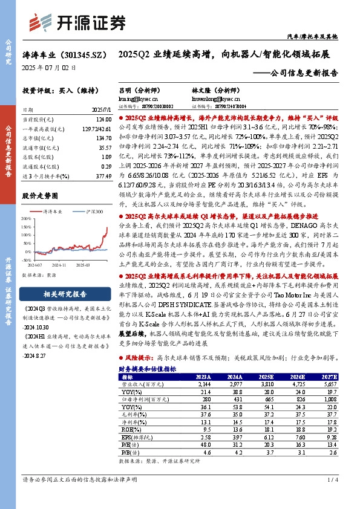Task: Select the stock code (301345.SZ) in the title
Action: click(x=80, y=54)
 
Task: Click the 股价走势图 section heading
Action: click(x=42, y=196)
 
